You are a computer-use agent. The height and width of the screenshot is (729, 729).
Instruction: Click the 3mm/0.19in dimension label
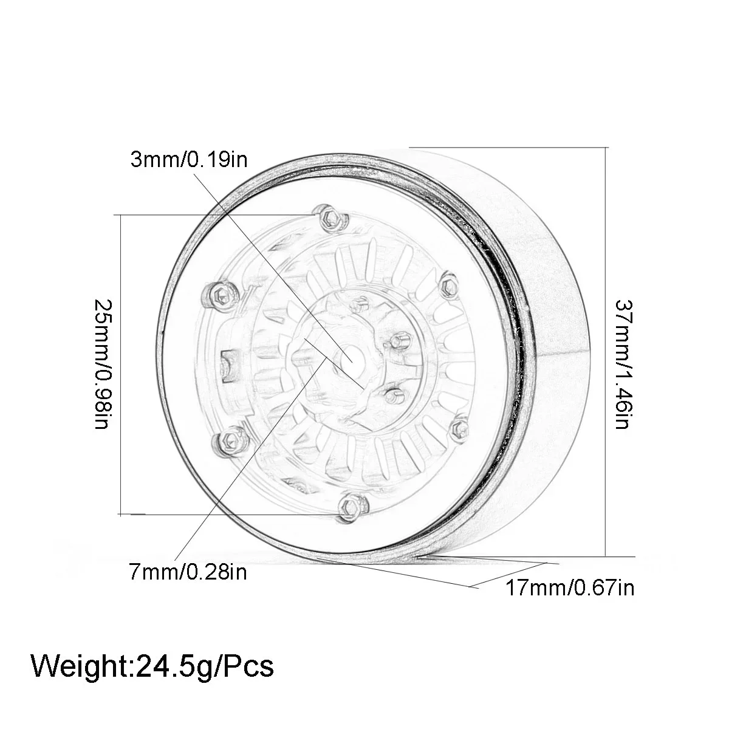189,159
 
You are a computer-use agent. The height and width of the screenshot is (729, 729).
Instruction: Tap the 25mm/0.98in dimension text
102,364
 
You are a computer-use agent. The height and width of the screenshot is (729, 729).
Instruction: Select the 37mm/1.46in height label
623,364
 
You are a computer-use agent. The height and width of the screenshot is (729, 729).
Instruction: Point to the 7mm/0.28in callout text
188,572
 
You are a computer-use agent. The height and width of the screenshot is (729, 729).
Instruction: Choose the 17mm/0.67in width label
570,588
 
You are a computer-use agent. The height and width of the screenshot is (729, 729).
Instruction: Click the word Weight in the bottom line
81,667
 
